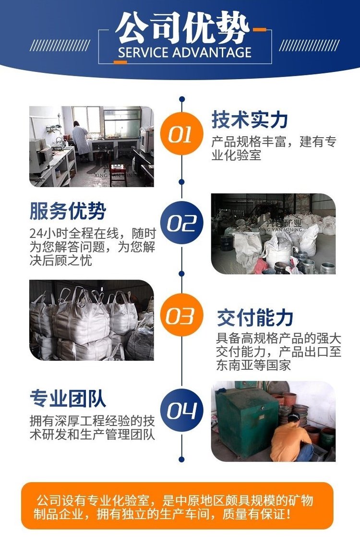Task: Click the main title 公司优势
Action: (x=182, y=28)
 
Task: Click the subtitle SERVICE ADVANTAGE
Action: (x=185, y=53)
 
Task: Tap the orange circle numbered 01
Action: (x=181, y=133)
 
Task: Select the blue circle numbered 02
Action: (x=181, y=223)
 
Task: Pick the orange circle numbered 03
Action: (x=181, y=315)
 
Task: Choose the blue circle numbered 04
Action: (x=181, y=410)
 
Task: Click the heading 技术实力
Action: (x=250, y=120)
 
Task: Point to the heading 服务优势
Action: (x=68, y=211)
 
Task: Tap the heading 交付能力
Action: (x=255, y=318)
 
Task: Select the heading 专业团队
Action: (x=68, y=398)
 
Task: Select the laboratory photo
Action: (x=92, y=147)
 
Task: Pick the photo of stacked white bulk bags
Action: (x=92, y=320)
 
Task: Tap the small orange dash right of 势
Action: (x=259, y=30)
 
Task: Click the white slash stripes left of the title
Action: (x=60, y=46)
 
